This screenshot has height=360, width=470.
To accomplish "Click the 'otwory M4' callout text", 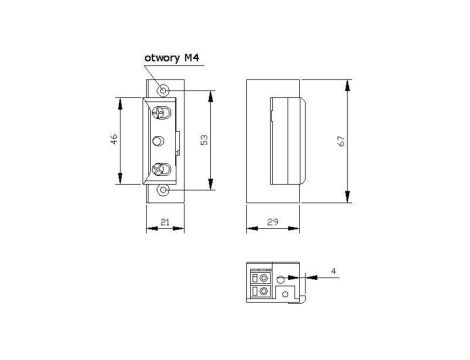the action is pyautogui.click(x=172, y=58).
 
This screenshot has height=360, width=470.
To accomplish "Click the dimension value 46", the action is pyautogui.click(x=114, y=139).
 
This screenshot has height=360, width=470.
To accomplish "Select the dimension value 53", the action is pyautogui.click(x=204, y=139).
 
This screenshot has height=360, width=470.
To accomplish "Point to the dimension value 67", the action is pyautogui.click(x=341, y=141).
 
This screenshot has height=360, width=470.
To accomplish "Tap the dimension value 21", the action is pyautogui.click(x=165, y=222).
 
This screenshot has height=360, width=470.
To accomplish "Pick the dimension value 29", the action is pyautogui.click(x=273, y=222).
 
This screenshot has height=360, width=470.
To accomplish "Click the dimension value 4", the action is pyautogui.click(x=334, y=271).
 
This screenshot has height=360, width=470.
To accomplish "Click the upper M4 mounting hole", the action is pyautogui.click(x=163, y=90).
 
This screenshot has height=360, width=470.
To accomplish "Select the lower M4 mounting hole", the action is pyautogui.click(x=163, y=190).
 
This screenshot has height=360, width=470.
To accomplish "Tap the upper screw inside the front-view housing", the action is pyautogui.click(x=161, y=113).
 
